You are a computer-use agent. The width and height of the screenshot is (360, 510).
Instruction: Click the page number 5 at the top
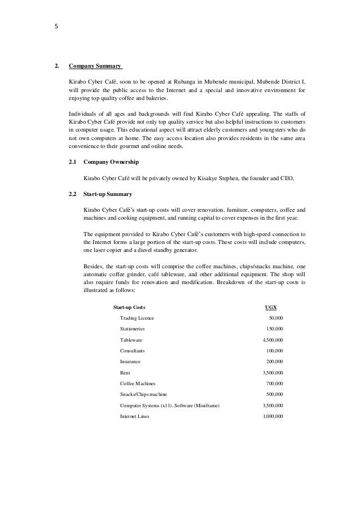(56, 25)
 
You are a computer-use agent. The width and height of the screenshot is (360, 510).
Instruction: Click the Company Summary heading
(95, 66)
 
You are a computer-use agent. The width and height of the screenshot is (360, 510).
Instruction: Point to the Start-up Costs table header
(129, 307)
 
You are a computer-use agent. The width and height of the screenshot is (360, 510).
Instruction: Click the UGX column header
(271, 307)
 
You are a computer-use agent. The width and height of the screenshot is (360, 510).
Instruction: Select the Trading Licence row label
(137, 319)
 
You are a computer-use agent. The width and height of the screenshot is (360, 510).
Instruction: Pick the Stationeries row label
(134, 329)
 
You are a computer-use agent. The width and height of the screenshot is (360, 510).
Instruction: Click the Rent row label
(125, 373)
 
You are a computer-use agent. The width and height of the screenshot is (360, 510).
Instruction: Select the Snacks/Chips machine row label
(143, 394)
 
